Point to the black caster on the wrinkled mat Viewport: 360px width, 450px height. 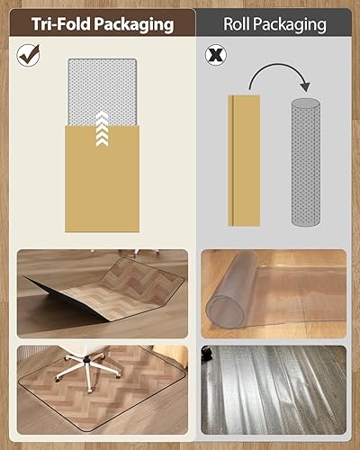(x=208, y=354)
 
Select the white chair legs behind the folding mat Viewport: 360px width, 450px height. (x=144, y=255)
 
